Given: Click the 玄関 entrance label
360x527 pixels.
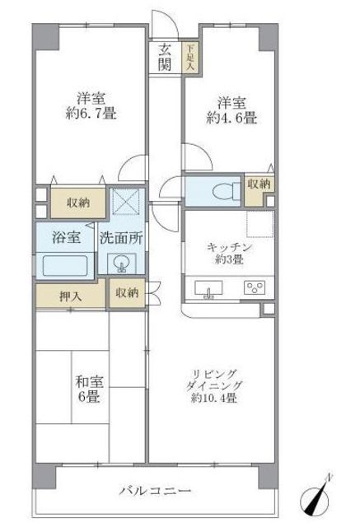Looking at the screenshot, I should tap(165, 57).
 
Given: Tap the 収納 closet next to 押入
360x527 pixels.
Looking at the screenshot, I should tap(127, 292).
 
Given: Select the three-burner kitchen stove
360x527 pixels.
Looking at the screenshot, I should tap(255, 288).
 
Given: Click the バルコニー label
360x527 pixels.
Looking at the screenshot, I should tap(154, 491).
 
